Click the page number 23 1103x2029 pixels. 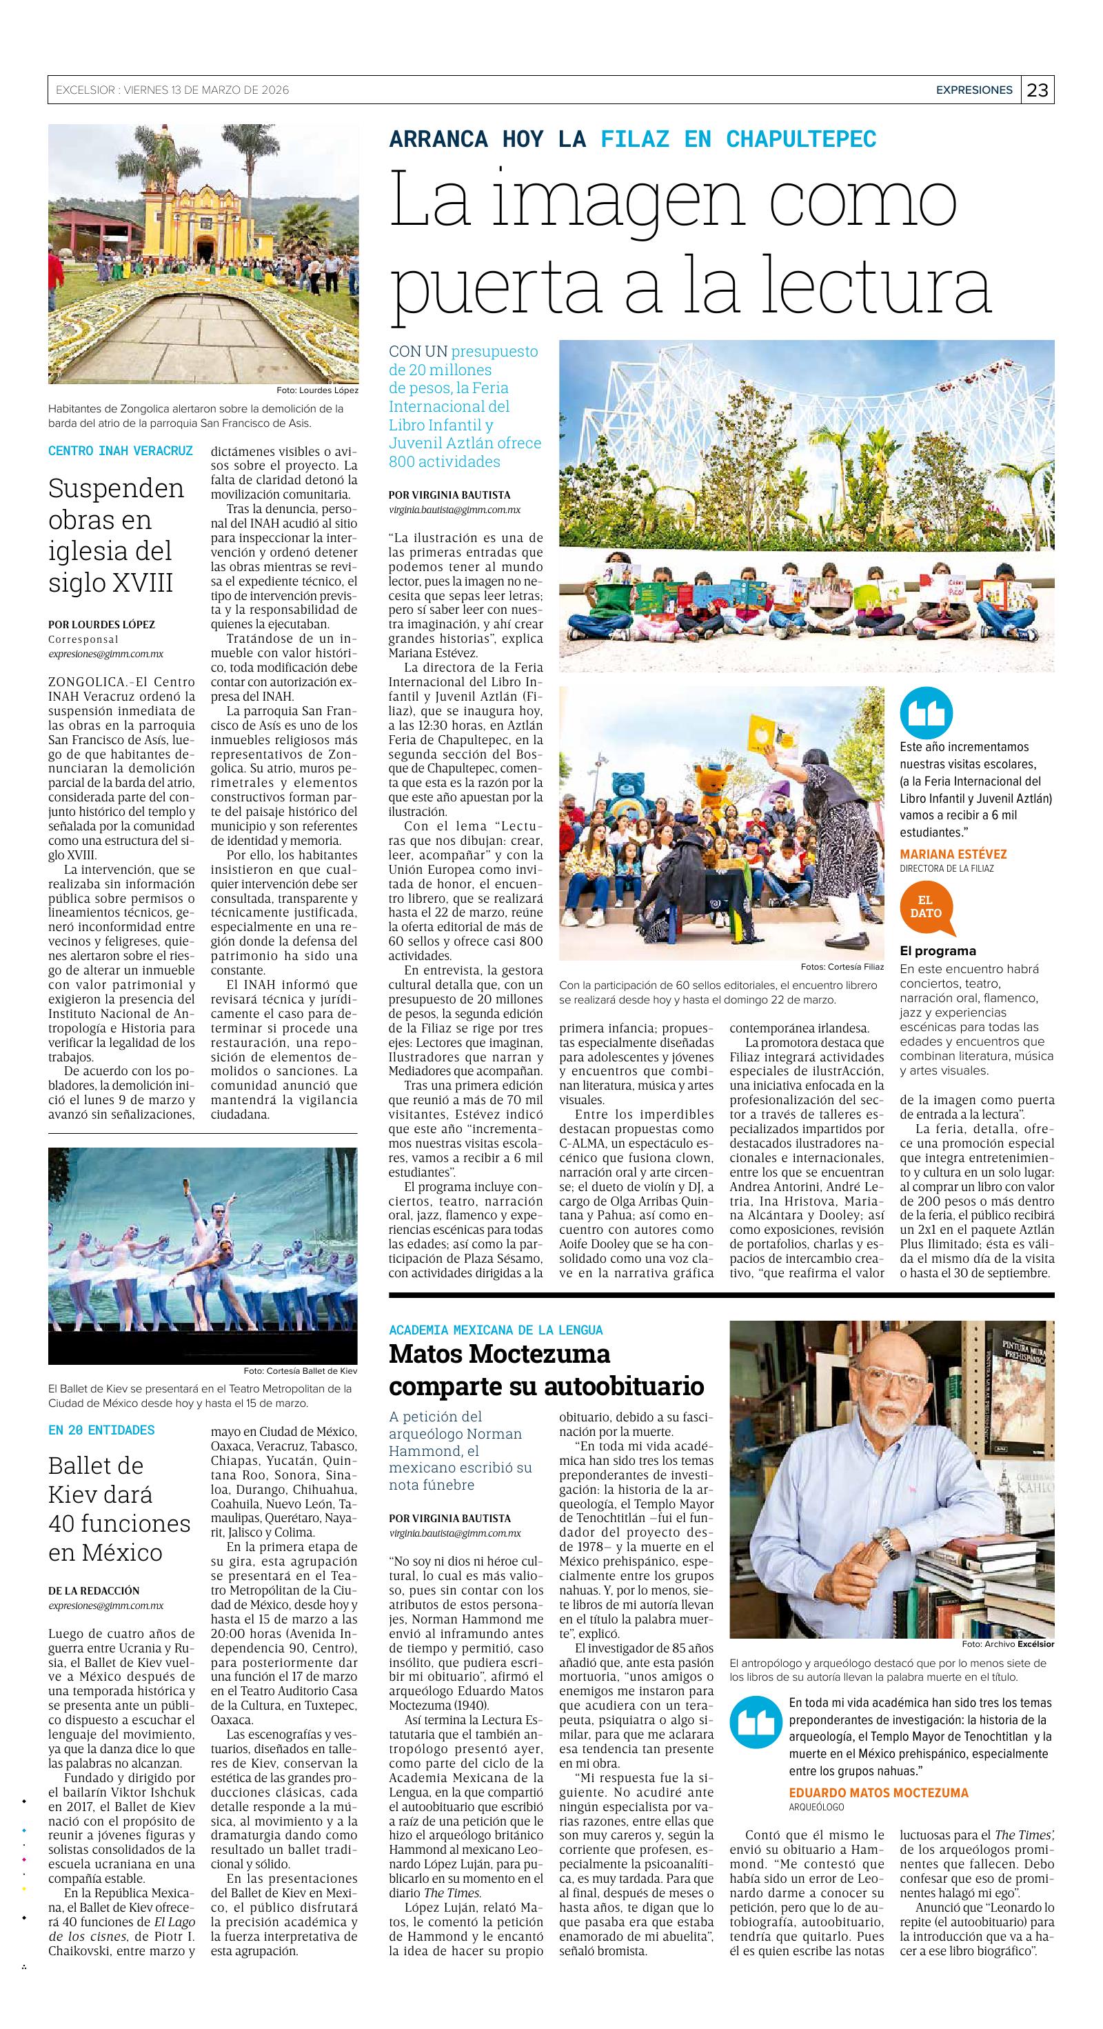(x=1038, y=90)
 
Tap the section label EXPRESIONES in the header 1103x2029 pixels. (x=973, y=90)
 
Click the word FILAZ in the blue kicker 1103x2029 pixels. (x=634, y=139)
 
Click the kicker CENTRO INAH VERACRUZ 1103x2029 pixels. (x=121, y=451)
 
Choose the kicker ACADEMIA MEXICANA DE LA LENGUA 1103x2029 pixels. (x=496, y=1330)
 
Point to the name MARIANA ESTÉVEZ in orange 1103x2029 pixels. (x=953, y=854)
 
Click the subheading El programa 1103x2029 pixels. (x=938, y=950)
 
